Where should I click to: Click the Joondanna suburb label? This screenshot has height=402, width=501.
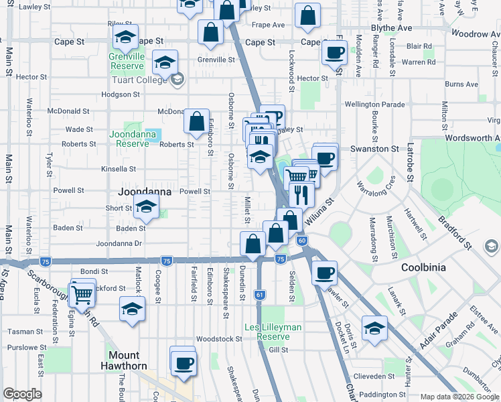point(145,192)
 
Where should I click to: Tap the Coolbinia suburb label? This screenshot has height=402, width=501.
point(423,267)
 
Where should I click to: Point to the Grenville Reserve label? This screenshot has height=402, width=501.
point(127,62)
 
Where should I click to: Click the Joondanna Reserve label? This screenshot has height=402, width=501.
point(129,139)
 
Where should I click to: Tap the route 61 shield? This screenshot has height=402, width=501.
point(259,295)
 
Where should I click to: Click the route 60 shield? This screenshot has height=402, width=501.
point(302,241)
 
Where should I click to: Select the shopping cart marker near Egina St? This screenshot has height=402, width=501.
point(82,293)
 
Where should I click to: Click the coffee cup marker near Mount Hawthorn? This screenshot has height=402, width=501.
point(183,364)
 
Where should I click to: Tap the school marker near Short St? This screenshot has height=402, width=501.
point(145,208)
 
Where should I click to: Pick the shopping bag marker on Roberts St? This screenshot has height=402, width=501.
point(197,122)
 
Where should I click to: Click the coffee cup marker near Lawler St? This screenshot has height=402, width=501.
point(325,273)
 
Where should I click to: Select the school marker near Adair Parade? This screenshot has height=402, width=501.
point(374,328)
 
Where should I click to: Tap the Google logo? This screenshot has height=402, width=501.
point(21,394)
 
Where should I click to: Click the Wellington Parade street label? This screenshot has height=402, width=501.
point(374,105)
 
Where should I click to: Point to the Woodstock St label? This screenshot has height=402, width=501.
point(219,339)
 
